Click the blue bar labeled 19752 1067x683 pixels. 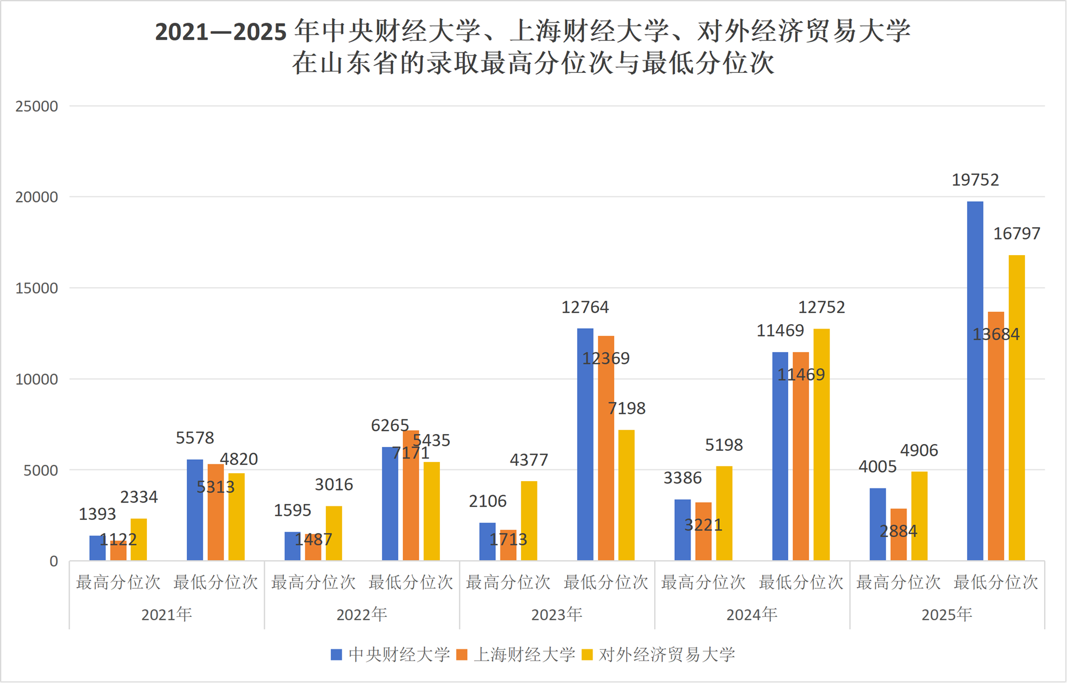coord(975,381)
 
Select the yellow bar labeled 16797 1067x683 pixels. coord(1017,408)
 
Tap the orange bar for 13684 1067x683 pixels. coord(996,436)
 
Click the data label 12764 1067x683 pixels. coord(585,307)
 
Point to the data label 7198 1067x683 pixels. coord(627,408)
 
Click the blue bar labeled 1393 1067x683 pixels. coord(98,548)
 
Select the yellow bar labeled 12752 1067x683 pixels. coord(821,445)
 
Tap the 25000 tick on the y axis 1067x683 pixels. coord(37,107)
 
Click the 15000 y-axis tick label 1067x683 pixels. coord(37,288)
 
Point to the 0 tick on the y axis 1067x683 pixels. coord(54,561)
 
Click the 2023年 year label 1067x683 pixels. coord(557,615)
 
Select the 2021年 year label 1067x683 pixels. coord(167,615)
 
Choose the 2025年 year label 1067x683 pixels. coord(947,615)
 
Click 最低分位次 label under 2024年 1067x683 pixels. coord(801,583)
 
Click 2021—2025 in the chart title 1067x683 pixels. coord(220,32)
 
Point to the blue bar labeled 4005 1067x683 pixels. coord(877,524)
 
